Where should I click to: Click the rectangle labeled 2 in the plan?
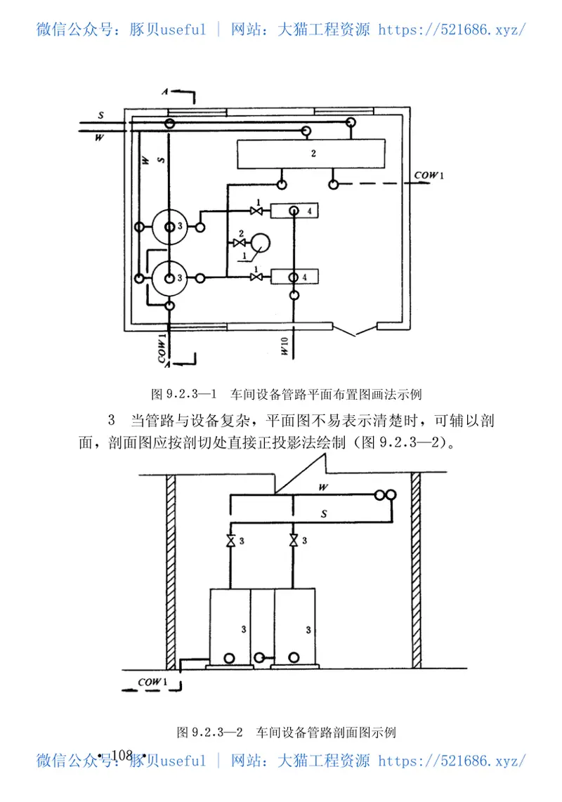click(x=311, y=153)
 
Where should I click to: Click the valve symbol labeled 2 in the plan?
click(x=235, y=243)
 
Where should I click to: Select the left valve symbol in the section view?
click(x=231, y=541)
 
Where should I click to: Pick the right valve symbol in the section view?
click(x=294, y=541)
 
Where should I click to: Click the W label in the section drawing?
click(x=322, y=487)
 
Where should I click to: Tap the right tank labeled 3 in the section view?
click(x=295, y=625)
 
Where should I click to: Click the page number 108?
click(x=122, y=755)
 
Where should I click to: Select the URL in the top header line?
click(x=452, y=29)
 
